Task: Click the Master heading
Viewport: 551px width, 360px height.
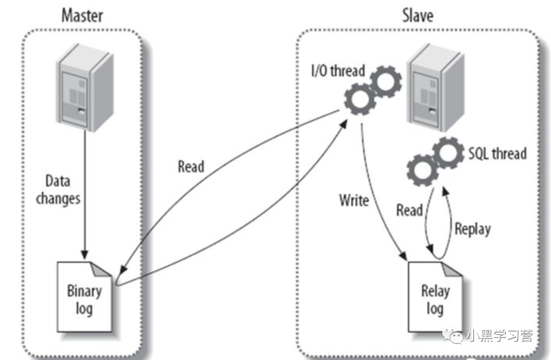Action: pyautogui.click(x=82, y=16)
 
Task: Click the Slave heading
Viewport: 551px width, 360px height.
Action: pyautogui.click(x=418, y=16)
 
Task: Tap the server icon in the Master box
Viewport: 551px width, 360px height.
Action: pyautogui.click(x=85, y=88)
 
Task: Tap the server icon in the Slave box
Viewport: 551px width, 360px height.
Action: pyautogui.click(x=436, y=88)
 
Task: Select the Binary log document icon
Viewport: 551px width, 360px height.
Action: pyautogui.click(x=84, y=297)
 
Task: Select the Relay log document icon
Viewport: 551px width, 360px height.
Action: pyautogui.click(x=435, y=297)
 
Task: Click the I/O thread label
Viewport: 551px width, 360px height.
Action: pyautogui.click(x=338, y=70)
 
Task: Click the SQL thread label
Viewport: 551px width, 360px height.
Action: pyautogui.click(x=497, y=154)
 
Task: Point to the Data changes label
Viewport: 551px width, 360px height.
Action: pyautogui.click(x=58, y=190)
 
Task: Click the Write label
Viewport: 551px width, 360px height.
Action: pyautogui.click(x=354, y=200)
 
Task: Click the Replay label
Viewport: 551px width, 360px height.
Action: pyautogui.click(x=472, y=229)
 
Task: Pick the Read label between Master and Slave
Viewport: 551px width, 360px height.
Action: pyautogui.click(x=191, y=166)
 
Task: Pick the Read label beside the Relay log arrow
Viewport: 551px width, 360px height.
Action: pyautogui.click(x=409, y=210)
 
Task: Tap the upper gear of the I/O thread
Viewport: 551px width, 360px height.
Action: pyautogui.click(x=386, y=81)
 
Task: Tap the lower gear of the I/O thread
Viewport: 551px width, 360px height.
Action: pyautogui.click(x=360, y=99)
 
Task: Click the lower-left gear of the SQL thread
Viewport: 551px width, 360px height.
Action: pyautogui.click(x=422, y=170)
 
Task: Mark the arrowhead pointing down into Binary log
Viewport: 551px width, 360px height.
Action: pyautogui.click(x=84, y=254)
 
